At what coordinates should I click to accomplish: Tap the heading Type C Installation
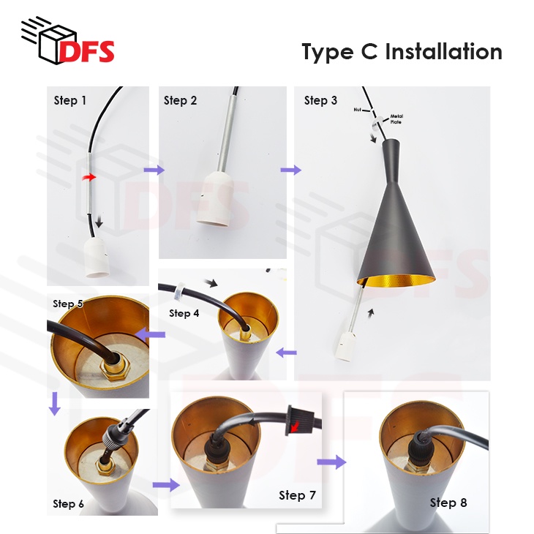pos(402,52)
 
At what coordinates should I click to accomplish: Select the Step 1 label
pos(70,100)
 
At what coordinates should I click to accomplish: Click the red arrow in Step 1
pos(89,177)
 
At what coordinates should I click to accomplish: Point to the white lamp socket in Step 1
pos(97,258)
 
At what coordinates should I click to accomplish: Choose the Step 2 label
pos(180,100)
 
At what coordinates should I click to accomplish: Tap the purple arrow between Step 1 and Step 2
pos(154,170)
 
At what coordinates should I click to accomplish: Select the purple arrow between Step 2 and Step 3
pos(290,170)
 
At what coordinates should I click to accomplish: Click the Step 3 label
pos(320,100)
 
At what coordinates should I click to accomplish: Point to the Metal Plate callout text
pos(396,119)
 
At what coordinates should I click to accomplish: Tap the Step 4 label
pos(184,313)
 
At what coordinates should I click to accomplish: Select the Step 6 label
pos(68,503)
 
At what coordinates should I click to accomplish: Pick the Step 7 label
pos(297,495)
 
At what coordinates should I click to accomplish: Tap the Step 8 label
pos(448,502)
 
